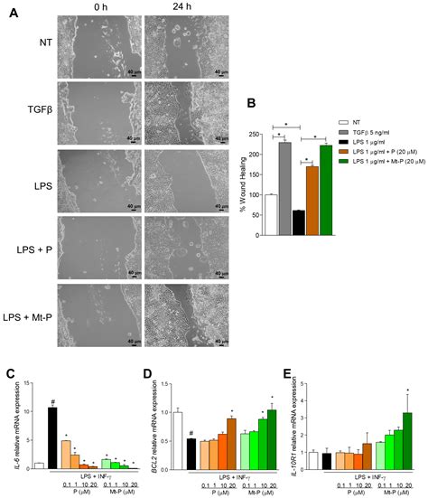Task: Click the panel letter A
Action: tap(13, 16)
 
